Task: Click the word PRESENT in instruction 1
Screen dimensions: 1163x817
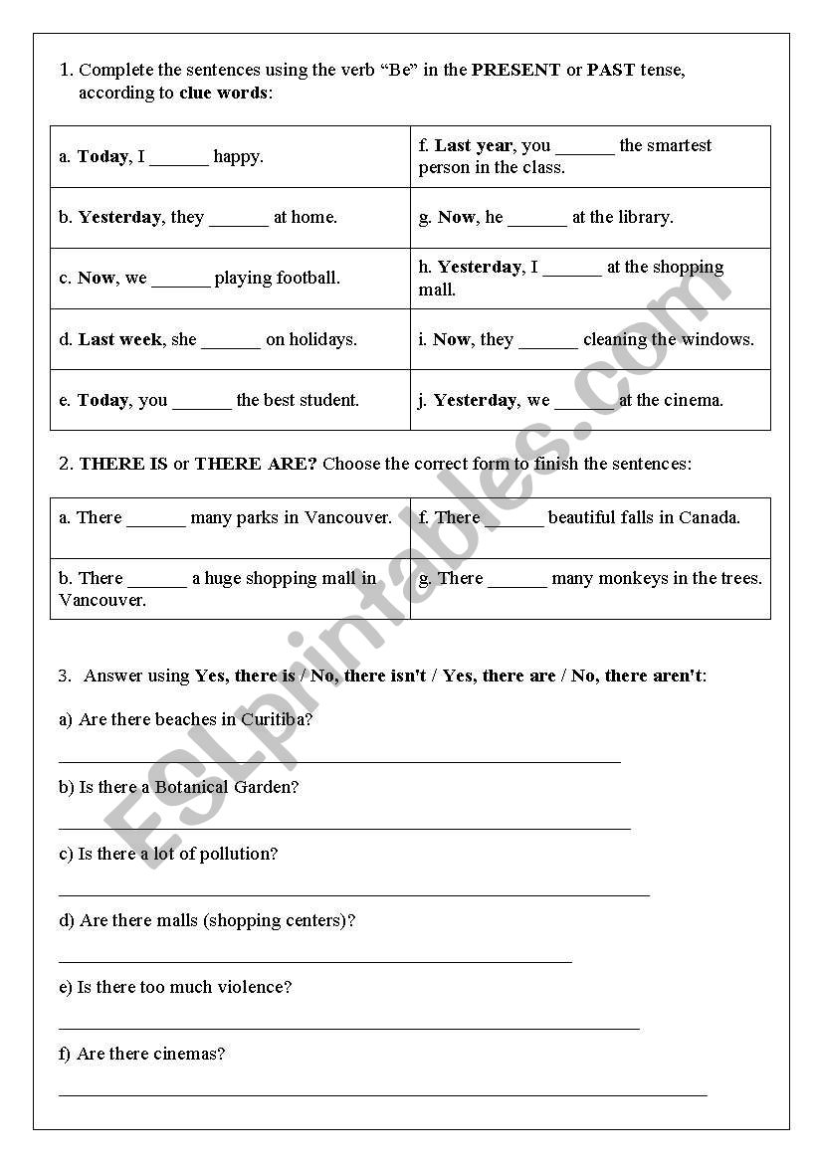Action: coord(515,70)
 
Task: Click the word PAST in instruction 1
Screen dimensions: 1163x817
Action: coord(610,70)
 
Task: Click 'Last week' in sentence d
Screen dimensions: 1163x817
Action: coord(120,339)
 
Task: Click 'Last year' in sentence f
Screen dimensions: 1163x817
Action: coord(474,145)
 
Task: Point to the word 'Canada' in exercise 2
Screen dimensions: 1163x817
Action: coord(710,517)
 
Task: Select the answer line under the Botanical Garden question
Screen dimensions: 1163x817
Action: coord(344,827)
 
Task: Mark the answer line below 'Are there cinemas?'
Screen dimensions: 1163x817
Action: coord(382,1093)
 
